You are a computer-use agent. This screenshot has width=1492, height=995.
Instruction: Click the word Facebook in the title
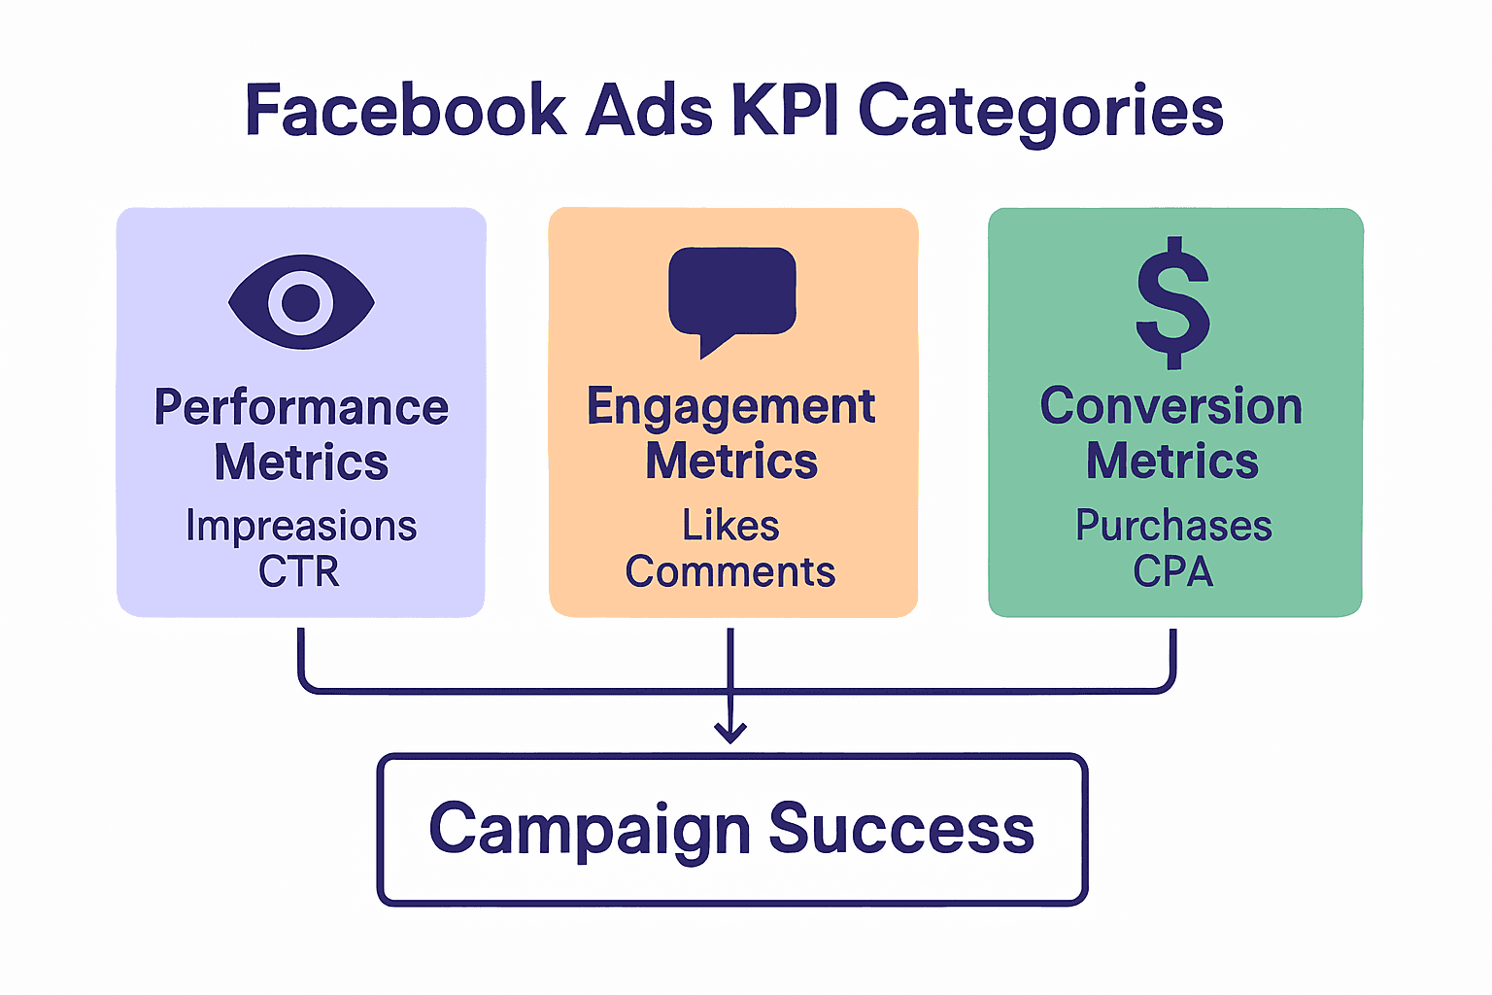tap(406, 110)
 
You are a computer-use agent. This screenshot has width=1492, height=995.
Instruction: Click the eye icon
tap(301, 302)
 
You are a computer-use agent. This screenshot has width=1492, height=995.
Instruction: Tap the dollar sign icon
tap(1173, 302)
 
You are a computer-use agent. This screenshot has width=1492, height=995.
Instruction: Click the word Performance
tap(301, 407)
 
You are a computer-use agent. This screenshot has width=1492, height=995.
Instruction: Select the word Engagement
tap(731, 407)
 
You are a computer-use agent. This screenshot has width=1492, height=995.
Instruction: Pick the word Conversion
tap(1171, 406)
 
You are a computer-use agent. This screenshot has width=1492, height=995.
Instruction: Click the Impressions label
tap(301, 526)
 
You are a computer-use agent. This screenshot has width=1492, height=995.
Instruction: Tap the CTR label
tap(299, 571)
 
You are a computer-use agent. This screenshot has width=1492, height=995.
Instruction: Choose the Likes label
tap(730, 526)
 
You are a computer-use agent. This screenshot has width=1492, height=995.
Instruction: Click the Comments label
tap(730, 571)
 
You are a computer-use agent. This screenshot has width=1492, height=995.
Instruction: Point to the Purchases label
tap(1173, 526)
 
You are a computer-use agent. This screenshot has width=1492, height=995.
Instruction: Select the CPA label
tap(1173, 571)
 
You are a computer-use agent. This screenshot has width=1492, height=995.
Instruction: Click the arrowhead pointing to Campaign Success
tap(730, 733)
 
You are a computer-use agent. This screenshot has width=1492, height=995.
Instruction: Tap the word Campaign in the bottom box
tap(590, 830)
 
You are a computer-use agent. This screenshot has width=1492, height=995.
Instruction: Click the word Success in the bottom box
tap(901, 829)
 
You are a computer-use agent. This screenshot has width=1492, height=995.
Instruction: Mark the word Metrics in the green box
tap(1172, 461)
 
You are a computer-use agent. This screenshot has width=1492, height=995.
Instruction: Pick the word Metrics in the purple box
tap(301, 462)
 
